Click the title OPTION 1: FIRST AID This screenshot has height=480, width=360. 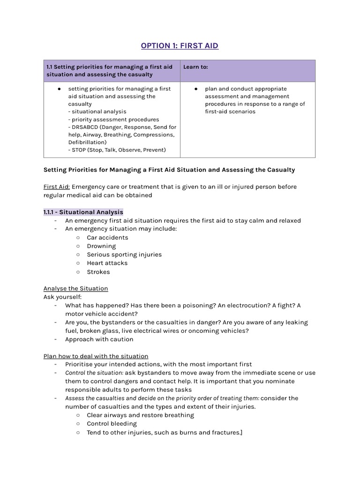180,45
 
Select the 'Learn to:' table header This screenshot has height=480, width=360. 195,67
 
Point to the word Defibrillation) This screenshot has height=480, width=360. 87,142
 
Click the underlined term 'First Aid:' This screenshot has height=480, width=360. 57,187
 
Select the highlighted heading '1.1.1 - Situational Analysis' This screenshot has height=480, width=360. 83,212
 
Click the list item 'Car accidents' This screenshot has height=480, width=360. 107,238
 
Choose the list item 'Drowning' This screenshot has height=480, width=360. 101,246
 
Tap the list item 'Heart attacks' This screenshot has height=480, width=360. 107,263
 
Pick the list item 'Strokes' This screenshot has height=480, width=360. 98,272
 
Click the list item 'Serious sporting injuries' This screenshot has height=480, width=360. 124,255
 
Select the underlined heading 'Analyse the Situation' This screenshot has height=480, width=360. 75,288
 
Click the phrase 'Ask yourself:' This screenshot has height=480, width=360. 62,297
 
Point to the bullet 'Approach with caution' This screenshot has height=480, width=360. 99,339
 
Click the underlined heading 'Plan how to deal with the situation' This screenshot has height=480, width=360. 96,356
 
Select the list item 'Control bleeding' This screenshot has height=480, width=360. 112,424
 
